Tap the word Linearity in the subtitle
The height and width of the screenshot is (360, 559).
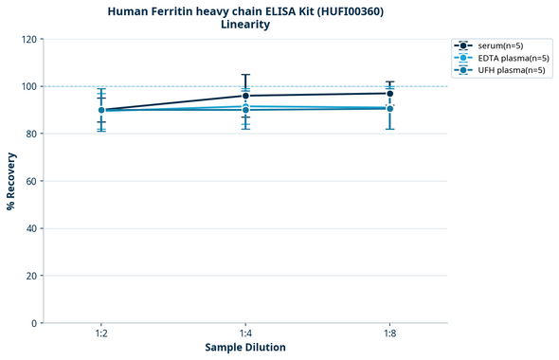(x=245, y=25)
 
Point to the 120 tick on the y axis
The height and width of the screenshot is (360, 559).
(x=28, y=39)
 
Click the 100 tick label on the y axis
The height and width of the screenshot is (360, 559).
(x=28, y=86)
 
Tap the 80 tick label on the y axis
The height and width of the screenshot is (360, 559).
(x=31, y=134)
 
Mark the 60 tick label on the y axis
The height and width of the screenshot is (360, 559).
(x=31, y=181)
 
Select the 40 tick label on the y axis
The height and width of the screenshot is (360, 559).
(x=31, y=228)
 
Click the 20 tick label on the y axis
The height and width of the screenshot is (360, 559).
(x=31, y=276)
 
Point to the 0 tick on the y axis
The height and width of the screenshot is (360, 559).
(x=34, y=323)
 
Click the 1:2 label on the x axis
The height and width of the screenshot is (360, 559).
(x=100, y=334)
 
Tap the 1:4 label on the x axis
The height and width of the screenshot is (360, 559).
(x=245, y=334)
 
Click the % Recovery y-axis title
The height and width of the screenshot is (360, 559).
(x=11, y=181)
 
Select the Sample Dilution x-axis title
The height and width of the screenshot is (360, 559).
(x=245, y=348)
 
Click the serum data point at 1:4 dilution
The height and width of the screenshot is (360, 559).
(x=245, y=96)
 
